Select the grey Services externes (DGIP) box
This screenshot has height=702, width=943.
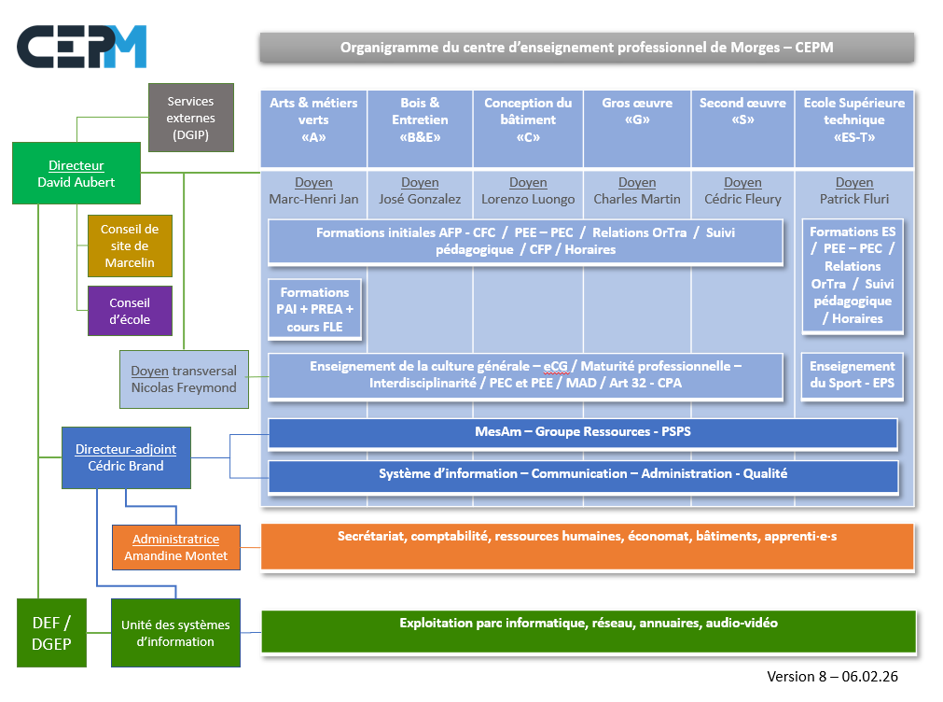[190, 118]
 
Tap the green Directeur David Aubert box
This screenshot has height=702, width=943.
[76, 174]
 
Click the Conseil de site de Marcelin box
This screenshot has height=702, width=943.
[130, 246]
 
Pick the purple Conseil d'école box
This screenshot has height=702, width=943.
[130, 311]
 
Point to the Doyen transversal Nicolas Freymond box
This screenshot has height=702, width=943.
[184, 379]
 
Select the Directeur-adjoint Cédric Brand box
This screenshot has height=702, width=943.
[126, 457]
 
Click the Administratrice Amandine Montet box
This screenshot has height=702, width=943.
[175, 548]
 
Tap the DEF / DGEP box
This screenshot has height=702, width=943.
[51, 633]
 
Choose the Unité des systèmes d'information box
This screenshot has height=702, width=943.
[175, 633]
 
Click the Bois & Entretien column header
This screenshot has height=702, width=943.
[420, 119]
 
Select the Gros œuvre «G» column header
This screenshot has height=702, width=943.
[637, 119]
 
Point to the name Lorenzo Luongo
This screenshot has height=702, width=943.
[528, 199]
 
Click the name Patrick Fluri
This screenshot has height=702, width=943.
[853, 199]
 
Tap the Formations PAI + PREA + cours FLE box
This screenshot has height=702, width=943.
[314, 309]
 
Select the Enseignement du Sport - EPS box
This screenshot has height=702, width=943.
[853, 375]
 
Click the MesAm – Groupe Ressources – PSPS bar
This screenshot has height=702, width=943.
[582, 433]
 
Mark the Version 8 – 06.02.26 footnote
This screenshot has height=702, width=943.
[832, 677]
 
